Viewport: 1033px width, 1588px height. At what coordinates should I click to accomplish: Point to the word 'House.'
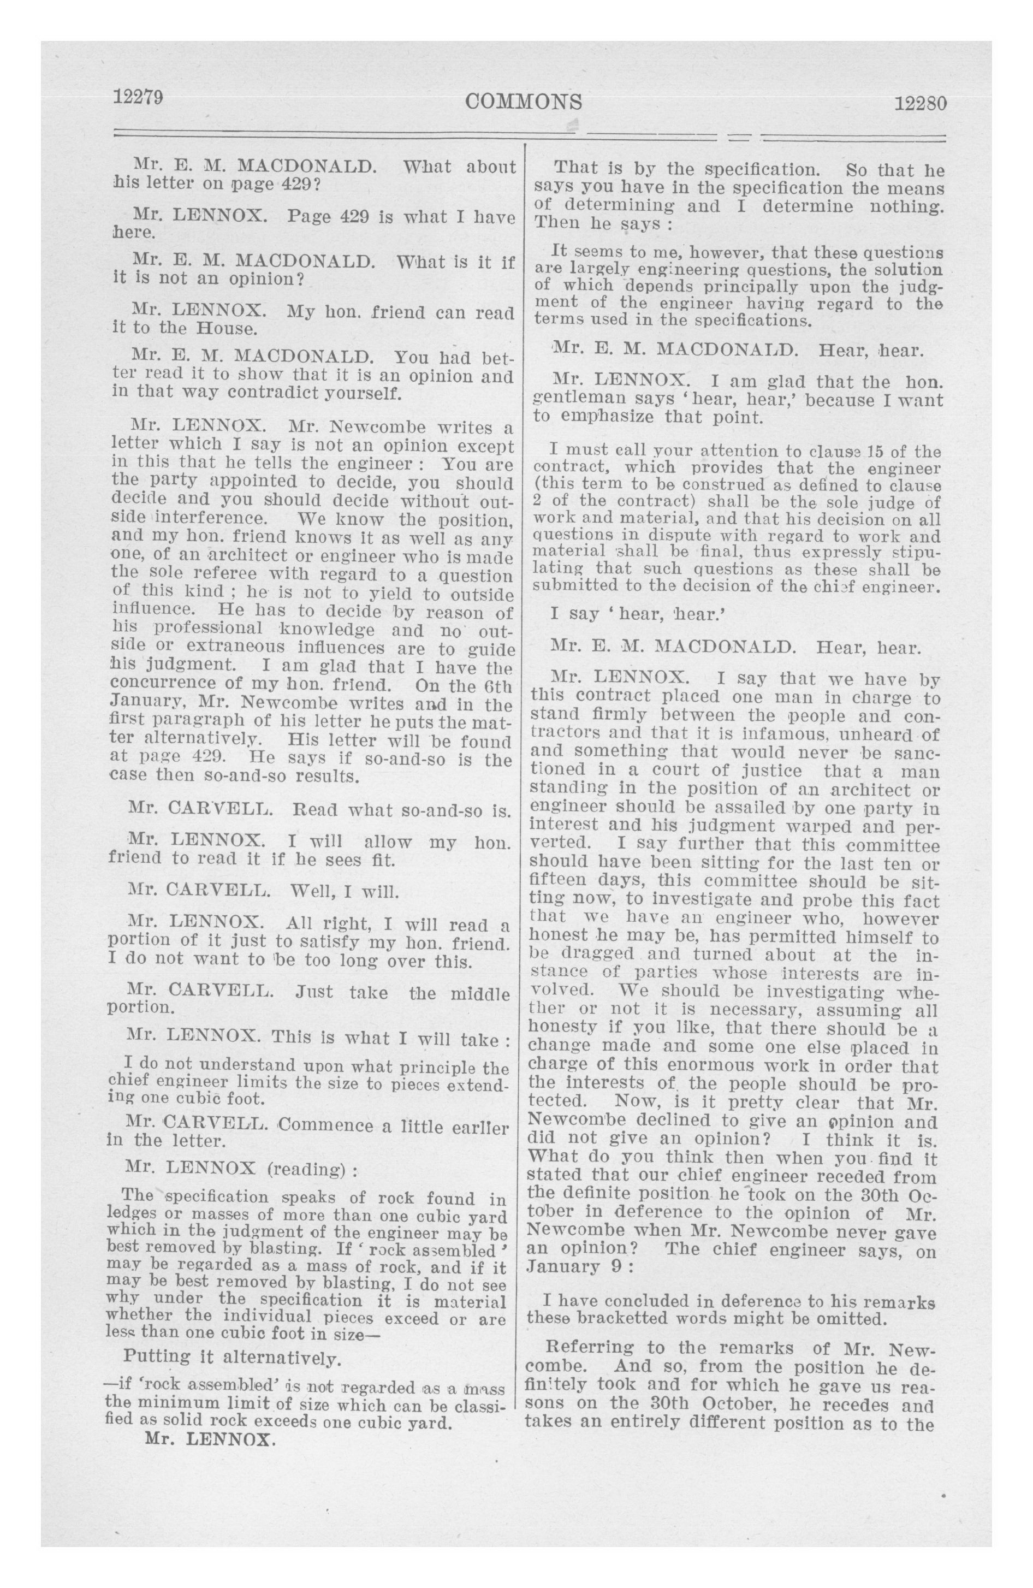click(225, 328)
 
